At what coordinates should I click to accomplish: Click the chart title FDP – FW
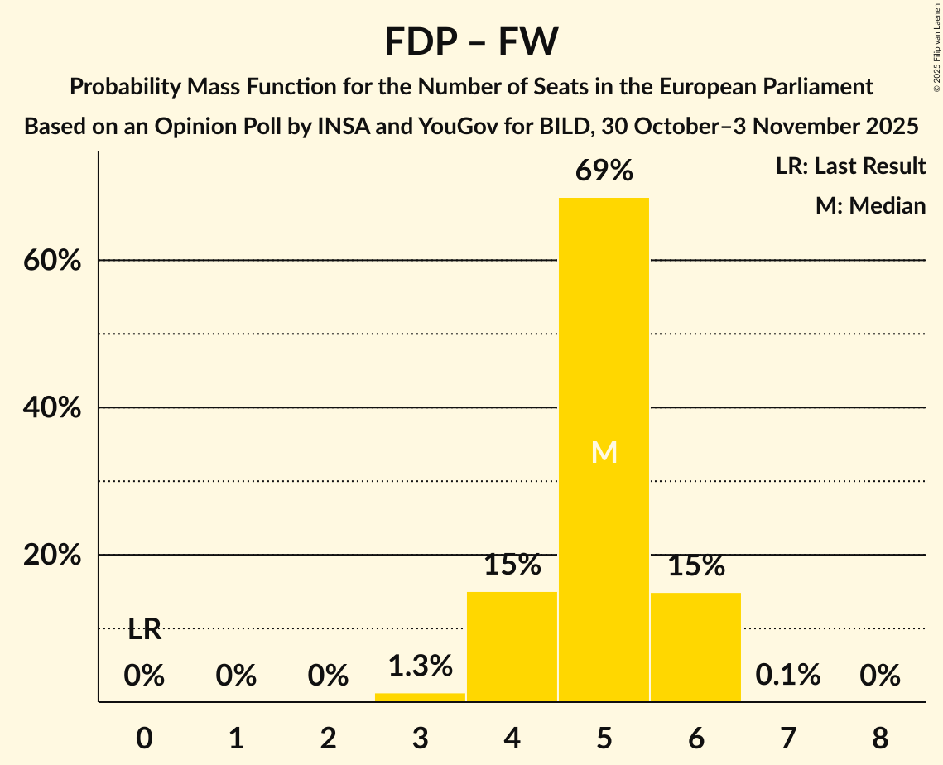pos(471,41)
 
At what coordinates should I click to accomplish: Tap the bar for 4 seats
pos(512,647)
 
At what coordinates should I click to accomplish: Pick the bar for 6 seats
pos(695,647)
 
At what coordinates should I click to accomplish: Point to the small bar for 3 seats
pos(420,697)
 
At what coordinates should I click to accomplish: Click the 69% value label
pos(604,171)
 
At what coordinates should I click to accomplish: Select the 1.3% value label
pos(420,665)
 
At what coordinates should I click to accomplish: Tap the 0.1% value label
pos(787,676)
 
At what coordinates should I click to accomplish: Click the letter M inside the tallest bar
pos(604,452)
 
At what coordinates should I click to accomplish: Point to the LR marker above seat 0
pos(144,630)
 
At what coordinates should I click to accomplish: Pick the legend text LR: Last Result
pos(850,166)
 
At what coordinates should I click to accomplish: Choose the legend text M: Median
pos(870,205)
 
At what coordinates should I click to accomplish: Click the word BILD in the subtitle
pos(564,127)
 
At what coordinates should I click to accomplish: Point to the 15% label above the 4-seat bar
pos(512,565)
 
